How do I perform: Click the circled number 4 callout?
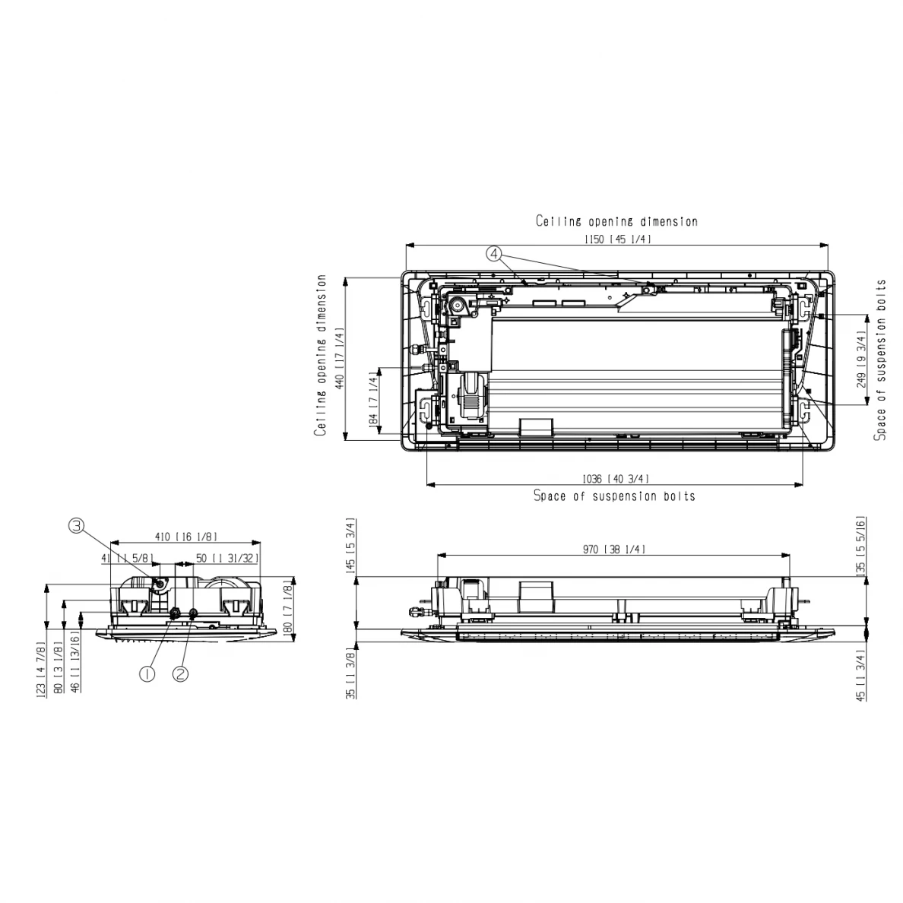(x=494, y=253)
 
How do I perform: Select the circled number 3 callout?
(x=77, y=525)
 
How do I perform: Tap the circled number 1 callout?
(x=147, y=673)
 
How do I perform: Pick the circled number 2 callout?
(x=181, y=673)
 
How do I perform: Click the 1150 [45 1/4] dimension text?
(x=617, y=239)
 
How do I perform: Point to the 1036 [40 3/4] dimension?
(x=616, y=479)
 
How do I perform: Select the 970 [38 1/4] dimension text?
(x=614, y=550)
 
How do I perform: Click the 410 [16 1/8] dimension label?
(x=186, y=537)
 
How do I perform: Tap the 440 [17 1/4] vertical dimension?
(x=340, y=358)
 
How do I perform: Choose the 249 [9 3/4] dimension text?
(x=861, y=359)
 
